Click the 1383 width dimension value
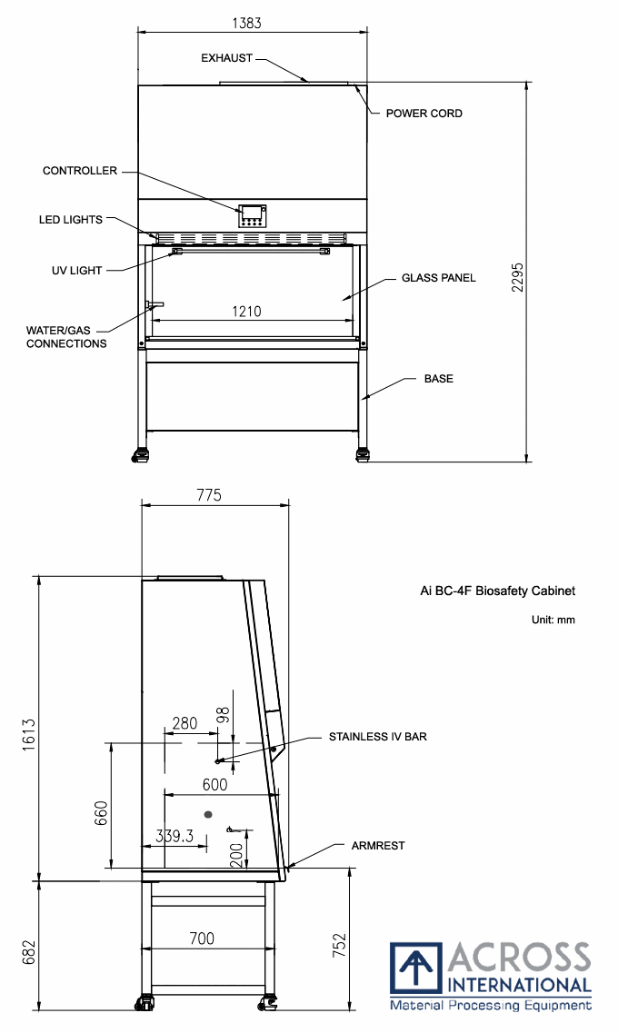[x=253, y=22]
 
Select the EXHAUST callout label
[x=226, y=58]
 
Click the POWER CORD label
[x=424, y=114]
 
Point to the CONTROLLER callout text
[x=80, y=171]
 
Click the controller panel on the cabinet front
[x=252, y=215]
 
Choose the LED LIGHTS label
[x=71, y=220]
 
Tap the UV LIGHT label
[x=77, y=270]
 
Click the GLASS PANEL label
[x=439, y=278]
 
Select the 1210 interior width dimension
[x=245, y=312]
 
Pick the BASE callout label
[x=438, y=378]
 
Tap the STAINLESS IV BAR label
[x=377, y=737]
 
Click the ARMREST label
[x=378, y=846]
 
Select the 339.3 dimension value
[x=174, y=837]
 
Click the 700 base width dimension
[x=202, y=939]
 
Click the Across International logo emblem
[x=415, y=969]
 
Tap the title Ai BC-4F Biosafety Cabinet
[x=497, y=591]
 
